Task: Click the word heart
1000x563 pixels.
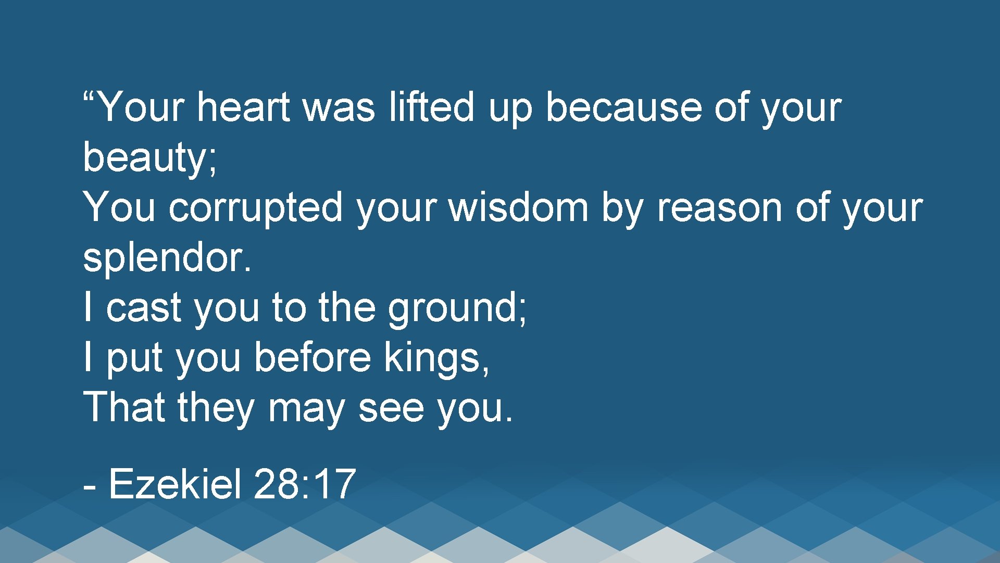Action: [x=243, y=107]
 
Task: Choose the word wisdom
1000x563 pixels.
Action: [x=518, y=207]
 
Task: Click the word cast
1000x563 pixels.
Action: [x=144, y=308]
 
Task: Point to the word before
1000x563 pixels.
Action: [x=312, y=358]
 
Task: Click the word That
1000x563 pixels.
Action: [x=124, y=407]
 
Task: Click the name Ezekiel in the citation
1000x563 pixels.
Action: [x=176, y=484]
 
